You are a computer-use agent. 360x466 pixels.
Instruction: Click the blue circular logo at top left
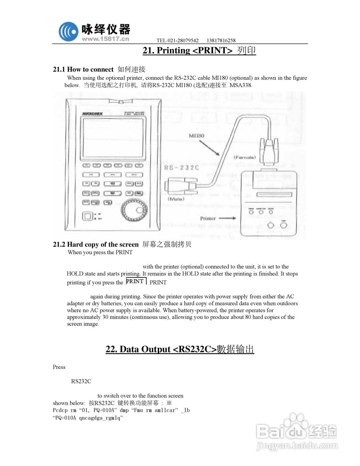point(68,31)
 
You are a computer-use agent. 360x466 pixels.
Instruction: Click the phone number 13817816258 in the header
point(221,40)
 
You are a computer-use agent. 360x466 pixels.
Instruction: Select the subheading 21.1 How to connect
point(83,69)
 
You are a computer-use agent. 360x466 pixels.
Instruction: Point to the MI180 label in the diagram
point(196,136)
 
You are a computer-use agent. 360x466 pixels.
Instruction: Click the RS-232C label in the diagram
point(182,167)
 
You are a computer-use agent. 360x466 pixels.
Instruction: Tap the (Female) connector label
point(244,157)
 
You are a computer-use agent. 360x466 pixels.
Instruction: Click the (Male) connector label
point(176,199)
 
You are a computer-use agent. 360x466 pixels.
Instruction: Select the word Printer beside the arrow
point(208,218)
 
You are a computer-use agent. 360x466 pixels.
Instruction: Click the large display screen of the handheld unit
point(112,138)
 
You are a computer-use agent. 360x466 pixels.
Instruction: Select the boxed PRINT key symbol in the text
point(135,281)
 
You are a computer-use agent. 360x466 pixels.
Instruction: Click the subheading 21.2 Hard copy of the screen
point(96,244)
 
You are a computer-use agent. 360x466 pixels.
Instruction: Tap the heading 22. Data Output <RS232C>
point(180,349)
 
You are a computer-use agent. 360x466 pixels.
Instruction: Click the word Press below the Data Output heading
point(59,367)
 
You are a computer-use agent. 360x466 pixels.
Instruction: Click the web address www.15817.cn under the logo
point(106,39)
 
